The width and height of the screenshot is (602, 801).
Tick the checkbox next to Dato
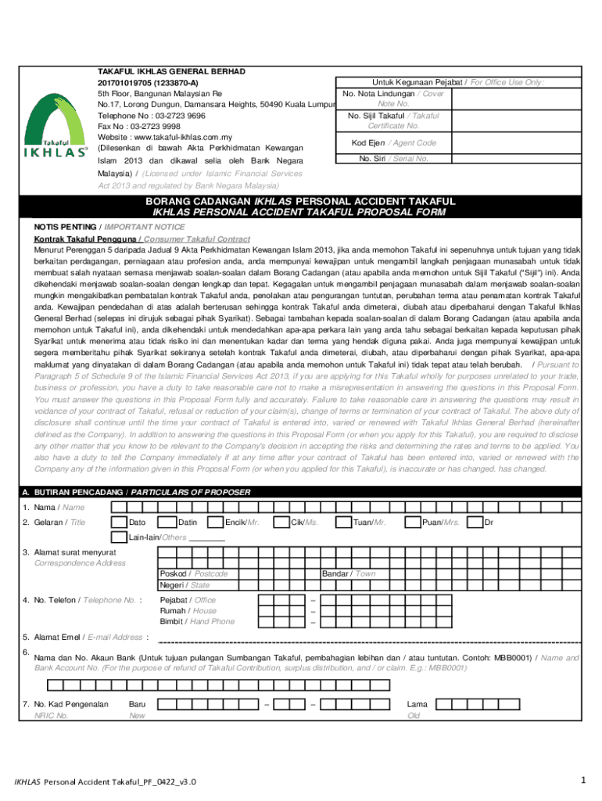pyautogui.click(x=119, y=523)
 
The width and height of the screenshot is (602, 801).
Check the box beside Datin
pyautogui.click(x=167, y=523)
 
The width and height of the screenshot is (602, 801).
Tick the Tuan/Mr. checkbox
pyautogui.click(x=343, y=523)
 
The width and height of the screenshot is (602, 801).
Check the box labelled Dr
pyautogui.click(x=474, y=523)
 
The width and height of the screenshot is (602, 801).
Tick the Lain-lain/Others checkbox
pyautogui.click(x=119, y=537)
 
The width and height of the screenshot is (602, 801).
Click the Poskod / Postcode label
pyautogui.click(x=194, y=573)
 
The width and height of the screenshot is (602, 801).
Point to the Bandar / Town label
pyautogui.click(x=349, y=573)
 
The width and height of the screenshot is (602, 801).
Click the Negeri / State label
pyautogui.click(x=185, y=585)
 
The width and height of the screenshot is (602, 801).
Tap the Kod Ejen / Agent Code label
pyautogui.click(x=394, y=143)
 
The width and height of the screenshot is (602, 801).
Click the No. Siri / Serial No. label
pyautogui.click(x=393, y=159)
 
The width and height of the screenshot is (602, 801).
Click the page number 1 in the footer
pyautogui.click(x=583, y=780)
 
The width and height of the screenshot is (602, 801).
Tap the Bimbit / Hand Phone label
pyautogui.click(x=197, y=622)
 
